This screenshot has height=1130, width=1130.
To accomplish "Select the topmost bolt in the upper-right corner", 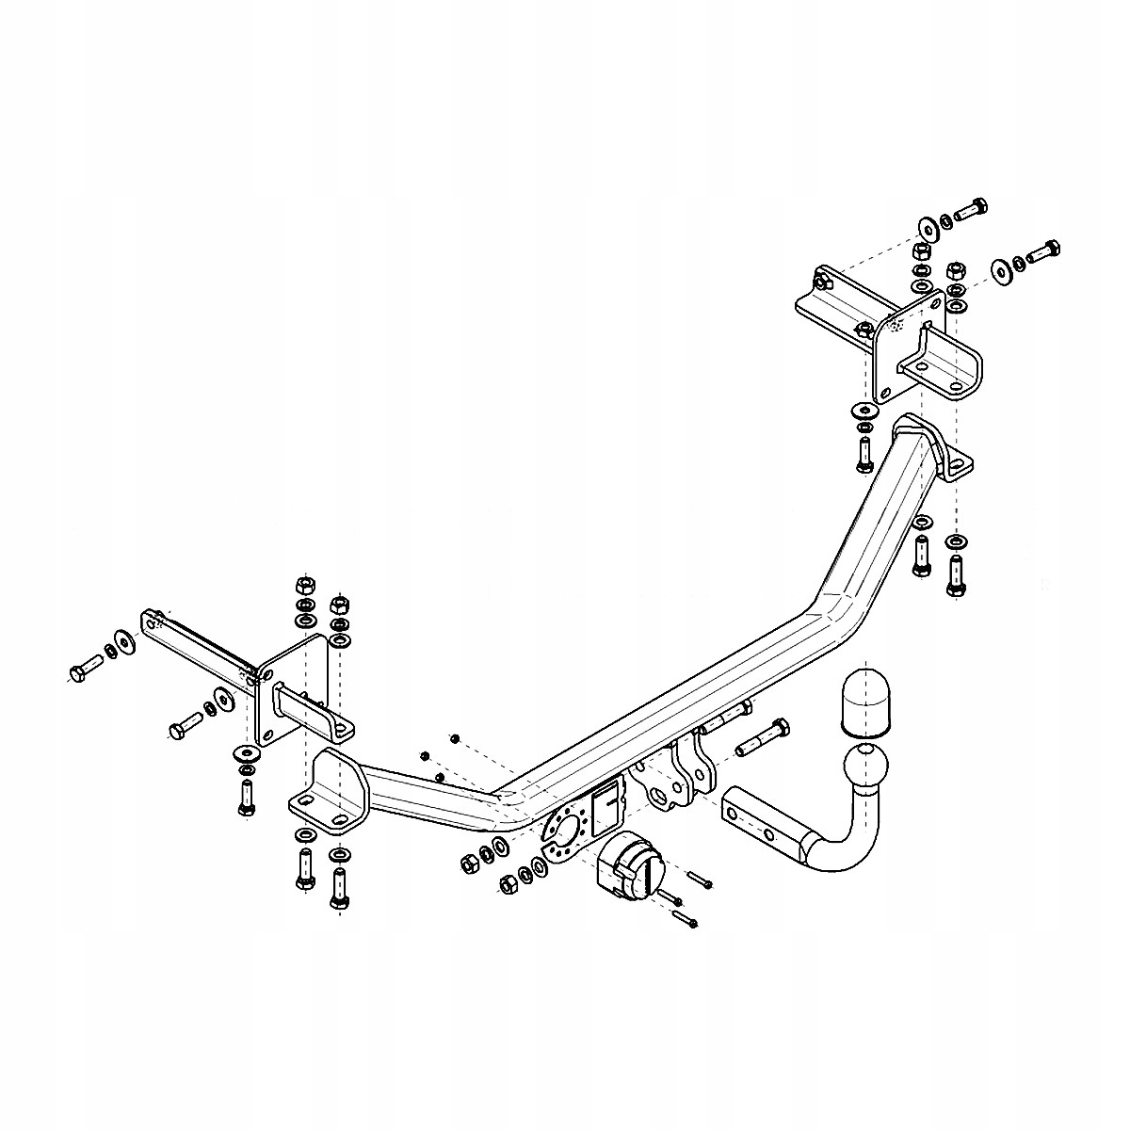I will click(970, 210).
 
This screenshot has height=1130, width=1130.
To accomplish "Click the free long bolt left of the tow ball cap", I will click(764, 737).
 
